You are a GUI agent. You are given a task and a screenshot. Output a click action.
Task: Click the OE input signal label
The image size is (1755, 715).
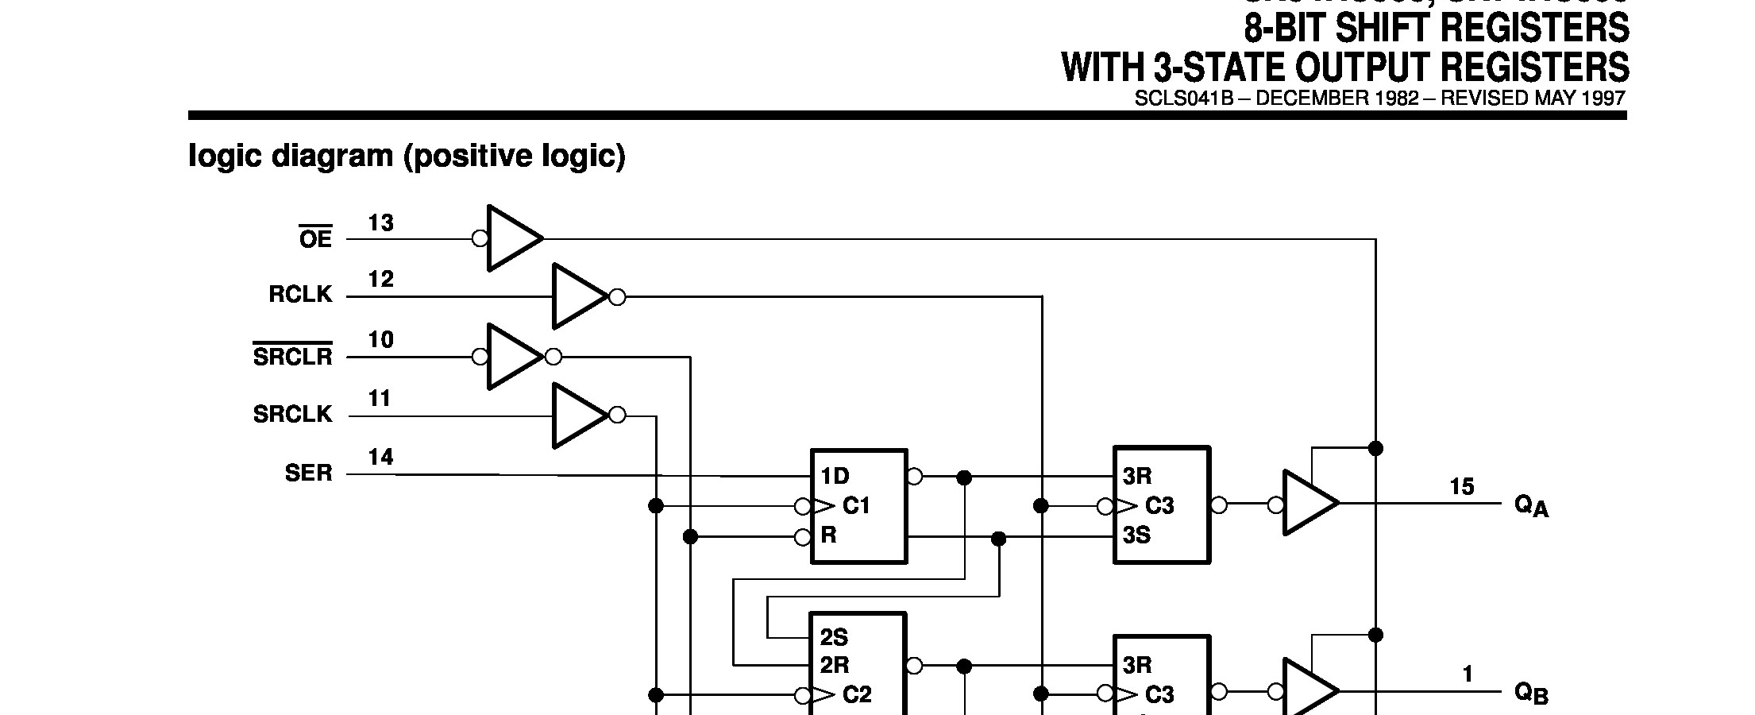click(x=315, y=238)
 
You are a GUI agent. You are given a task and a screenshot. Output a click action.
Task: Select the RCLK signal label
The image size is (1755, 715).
click(x=300, y=295)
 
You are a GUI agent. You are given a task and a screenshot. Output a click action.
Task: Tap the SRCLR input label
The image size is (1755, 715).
click(x=292, y=356)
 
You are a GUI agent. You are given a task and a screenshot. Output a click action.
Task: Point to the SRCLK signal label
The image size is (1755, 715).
click(x=292, y=414)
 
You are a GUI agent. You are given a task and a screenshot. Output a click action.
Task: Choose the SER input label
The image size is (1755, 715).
click(x=308, y=473)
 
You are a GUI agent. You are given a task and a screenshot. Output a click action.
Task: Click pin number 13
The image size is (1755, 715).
click(x=381, y=224)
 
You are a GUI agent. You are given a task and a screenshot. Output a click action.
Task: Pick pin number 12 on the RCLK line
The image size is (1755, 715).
click(x=381, y=280)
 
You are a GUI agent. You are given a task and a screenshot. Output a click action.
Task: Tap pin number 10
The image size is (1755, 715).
click(x=381, y=340)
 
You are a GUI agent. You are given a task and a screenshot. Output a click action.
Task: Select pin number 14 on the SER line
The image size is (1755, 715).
click(x=381, y=458)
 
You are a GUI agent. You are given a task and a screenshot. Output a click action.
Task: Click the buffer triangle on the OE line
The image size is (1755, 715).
click(x=512, y=238)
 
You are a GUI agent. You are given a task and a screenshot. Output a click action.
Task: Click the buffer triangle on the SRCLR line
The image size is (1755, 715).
click(x=513, y=357)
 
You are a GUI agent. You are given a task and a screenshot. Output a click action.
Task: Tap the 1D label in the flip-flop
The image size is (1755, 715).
click(x=835, y=476)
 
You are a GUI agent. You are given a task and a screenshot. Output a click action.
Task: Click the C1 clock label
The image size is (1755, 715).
click(x=856, y=506)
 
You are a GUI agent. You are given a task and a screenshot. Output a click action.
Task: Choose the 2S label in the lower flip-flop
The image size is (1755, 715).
click(x=834, y=637)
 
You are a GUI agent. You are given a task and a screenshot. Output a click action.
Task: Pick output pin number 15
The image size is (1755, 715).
click(x=1461, y=487)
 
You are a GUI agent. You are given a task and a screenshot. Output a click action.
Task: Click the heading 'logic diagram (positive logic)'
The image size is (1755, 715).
click(x=407, y=156)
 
